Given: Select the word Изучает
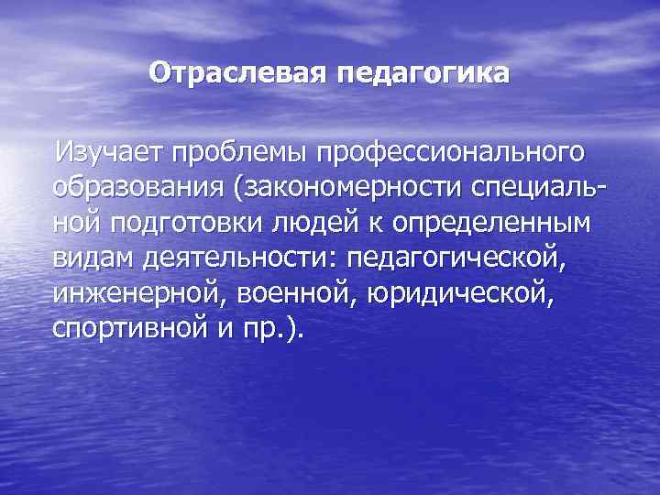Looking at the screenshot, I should click(108, 148).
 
